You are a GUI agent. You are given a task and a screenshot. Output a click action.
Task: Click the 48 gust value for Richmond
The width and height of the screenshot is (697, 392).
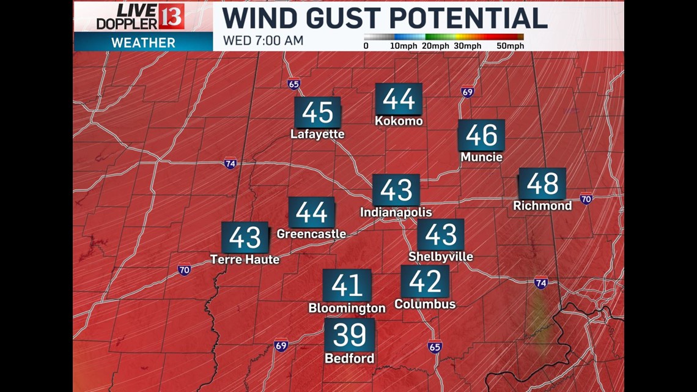click(x=542, y=183)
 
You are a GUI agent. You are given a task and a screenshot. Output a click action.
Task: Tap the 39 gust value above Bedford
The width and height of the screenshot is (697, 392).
click(x=350, y=335)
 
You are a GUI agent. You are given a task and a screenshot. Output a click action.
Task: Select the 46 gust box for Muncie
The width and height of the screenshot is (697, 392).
click(x=482, y=135)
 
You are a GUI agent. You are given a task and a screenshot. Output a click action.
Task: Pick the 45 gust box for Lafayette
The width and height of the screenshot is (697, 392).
click(x=317, y=113)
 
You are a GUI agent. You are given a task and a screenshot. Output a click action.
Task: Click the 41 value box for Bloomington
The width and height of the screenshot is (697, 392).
click(x=347, y=285)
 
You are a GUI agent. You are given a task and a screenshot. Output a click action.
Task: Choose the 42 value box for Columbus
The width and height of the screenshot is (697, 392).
click(x=425, y=281)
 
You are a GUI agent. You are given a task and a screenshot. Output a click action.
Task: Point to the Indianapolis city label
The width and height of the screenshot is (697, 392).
click(x=396, y=213)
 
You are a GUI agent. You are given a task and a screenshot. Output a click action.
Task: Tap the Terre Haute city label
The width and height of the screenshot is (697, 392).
click(x=245, y=260)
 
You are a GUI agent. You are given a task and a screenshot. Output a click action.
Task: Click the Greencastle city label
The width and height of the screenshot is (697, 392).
click(x=311, y=234)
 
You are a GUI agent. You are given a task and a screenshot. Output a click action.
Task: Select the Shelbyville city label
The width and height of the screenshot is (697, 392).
click(x=441, y=257)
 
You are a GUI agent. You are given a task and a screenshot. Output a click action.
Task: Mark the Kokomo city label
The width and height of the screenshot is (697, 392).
click(x=399, y=121)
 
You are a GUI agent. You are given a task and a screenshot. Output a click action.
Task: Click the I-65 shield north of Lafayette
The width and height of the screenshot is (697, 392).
click(x=294, y=84)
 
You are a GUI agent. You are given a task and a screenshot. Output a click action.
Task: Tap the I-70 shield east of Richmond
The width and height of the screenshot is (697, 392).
click(x=586, y=199)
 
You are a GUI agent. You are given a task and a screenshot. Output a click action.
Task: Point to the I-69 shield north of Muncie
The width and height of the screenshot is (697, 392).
click(x=468, y=92)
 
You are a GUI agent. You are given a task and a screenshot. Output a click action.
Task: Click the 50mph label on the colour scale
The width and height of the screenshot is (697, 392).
click(x=511, y=46)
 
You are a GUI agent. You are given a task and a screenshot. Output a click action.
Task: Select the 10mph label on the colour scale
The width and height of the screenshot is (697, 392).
click(x=403, y=46)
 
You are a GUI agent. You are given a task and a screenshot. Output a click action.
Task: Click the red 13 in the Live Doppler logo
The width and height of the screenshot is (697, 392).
click(x=171, y=16)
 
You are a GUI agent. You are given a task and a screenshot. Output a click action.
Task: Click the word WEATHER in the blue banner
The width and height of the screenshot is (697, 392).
click(x=143, y=43)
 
